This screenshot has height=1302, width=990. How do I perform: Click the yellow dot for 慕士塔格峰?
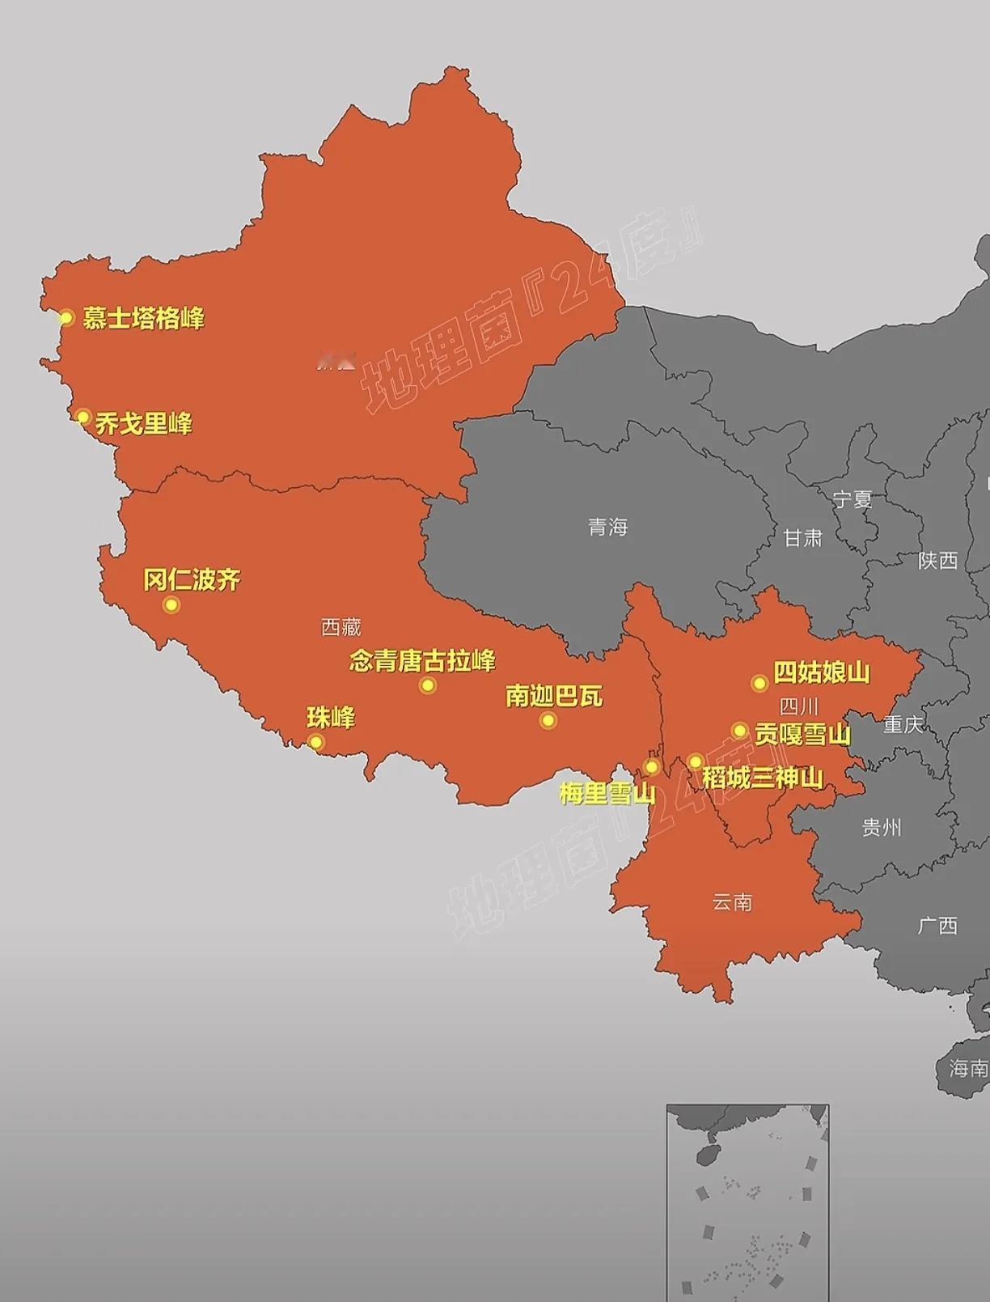66,317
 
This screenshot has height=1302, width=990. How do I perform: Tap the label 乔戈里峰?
144,423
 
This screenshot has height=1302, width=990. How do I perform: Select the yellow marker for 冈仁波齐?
171,604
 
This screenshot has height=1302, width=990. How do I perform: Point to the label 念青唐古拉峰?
422,661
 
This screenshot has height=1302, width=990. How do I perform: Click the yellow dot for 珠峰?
315,742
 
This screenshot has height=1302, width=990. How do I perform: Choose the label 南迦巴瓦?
554,696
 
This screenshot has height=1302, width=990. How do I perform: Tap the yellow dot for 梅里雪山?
651,766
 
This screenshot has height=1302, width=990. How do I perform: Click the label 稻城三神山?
762,778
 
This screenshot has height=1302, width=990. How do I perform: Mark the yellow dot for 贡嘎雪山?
739,731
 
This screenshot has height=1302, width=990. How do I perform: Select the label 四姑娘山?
821,672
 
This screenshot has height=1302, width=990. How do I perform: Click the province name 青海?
607,528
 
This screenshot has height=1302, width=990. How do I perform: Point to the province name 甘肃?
802,537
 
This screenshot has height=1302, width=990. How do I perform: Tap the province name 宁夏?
852,499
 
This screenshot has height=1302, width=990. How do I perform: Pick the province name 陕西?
937,560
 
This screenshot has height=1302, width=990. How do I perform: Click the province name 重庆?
902,723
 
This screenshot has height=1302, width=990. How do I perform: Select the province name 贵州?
881,827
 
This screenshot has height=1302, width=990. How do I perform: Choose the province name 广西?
937,925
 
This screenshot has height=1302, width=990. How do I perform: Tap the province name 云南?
732,901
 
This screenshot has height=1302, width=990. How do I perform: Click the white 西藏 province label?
341,626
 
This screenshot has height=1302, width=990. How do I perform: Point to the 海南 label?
968,1069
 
